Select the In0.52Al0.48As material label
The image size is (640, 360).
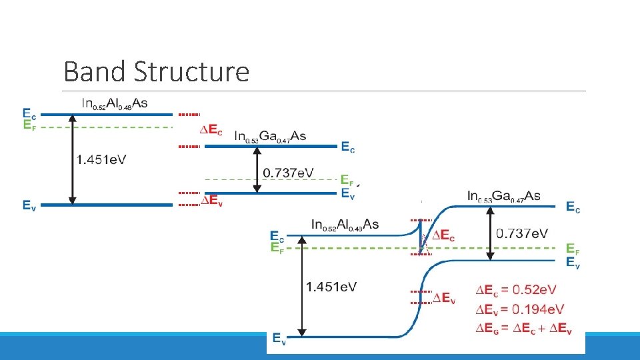tap(115, 103)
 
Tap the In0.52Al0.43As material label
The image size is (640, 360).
tap(345, 225)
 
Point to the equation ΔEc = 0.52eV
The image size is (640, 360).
tap(516, 291)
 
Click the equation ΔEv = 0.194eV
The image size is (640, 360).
tap(519, 309)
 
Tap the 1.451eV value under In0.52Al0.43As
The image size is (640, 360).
tap(331, 287)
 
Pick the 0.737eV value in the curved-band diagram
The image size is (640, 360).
tap(522, 233)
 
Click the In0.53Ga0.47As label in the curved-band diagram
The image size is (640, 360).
tap(503, 196)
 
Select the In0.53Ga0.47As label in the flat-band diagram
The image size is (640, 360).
tap(270, 136)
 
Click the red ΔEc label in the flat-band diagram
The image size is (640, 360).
tap(211, 130)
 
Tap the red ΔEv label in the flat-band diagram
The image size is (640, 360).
tap(211, 199)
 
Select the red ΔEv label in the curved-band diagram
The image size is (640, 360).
tap(444, 298)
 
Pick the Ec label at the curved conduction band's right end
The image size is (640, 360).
tap(573, 207)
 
